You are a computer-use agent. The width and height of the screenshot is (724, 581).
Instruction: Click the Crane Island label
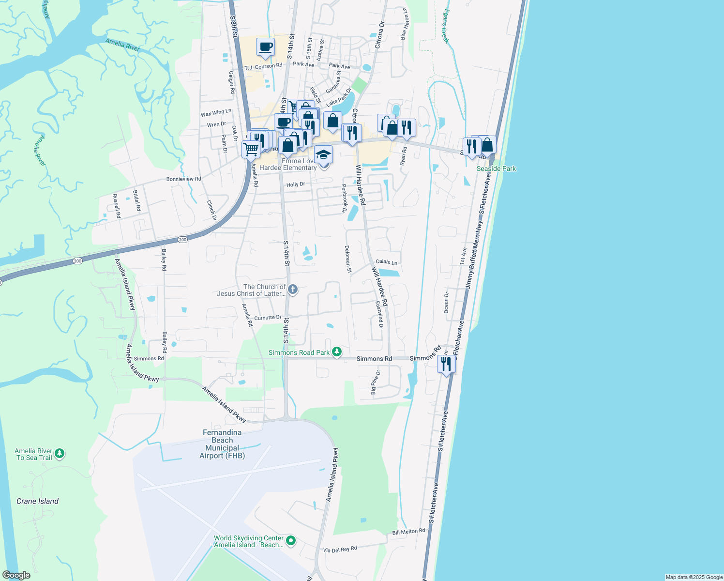coord(37,501)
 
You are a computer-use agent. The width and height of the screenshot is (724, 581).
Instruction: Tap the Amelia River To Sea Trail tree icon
coord(60,454)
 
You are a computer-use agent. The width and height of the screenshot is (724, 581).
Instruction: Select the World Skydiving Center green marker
coord(290,540)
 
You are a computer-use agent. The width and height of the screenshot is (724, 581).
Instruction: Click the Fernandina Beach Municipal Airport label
coord(222,444)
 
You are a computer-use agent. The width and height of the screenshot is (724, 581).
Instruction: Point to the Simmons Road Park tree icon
coord(337,352)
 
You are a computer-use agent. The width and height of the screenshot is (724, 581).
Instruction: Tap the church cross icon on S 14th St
coord(292,290)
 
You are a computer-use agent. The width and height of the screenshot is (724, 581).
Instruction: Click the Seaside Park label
coord(496,168)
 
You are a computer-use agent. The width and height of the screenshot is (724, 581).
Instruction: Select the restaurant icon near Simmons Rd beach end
coord(446,363)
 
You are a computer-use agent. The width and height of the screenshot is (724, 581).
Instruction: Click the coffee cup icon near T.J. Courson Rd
coord(265,47)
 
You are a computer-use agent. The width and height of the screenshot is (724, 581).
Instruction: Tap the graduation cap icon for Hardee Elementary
coord(323,154)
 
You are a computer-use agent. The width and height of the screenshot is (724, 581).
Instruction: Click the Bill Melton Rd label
coord(408,532)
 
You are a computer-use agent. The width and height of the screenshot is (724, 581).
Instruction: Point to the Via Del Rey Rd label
coord(340,550)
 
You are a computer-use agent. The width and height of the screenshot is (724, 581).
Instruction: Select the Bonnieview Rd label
coord(183,179)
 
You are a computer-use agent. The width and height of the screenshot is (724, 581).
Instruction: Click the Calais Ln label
coord(386,262)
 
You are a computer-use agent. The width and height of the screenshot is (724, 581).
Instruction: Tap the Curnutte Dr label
coord(268,318)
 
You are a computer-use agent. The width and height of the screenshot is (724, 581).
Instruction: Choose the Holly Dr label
coord(296,184)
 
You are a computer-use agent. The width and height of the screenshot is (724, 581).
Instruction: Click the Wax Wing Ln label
coord(216,113)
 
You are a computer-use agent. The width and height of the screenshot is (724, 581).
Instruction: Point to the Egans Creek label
coord(445,27)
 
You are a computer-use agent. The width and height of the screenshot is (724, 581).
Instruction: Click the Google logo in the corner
coord(16,575)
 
